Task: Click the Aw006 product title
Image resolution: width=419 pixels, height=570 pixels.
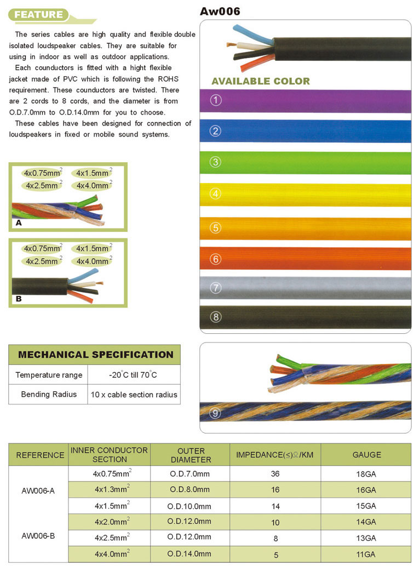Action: (220, 11)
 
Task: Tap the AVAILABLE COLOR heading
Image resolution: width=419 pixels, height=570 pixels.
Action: (260, 81)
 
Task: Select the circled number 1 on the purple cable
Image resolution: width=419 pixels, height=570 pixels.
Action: (215, 101)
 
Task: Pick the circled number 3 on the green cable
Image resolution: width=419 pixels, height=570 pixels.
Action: (215, 162)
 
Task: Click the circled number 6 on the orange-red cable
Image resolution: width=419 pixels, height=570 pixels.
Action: (215, 258)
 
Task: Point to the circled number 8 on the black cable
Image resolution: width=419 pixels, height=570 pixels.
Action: (215, 317)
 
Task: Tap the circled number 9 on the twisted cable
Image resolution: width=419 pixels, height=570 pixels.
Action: (215, 412)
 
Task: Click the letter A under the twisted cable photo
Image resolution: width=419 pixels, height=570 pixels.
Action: (19, 223)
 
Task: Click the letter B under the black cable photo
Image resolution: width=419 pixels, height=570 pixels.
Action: (19, 299)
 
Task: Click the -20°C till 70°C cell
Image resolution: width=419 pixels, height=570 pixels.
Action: (133, 375)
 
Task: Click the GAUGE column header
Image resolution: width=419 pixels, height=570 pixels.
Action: (366, 454)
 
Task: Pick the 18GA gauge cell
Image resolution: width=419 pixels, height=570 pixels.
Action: (366, 474)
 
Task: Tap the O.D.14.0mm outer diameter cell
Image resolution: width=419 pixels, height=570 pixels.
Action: (189, 554)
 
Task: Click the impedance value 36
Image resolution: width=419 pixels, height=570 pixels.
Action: (275, 474)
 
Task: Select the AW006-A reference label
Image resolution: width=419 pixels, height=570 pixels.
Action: (38, 491)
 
